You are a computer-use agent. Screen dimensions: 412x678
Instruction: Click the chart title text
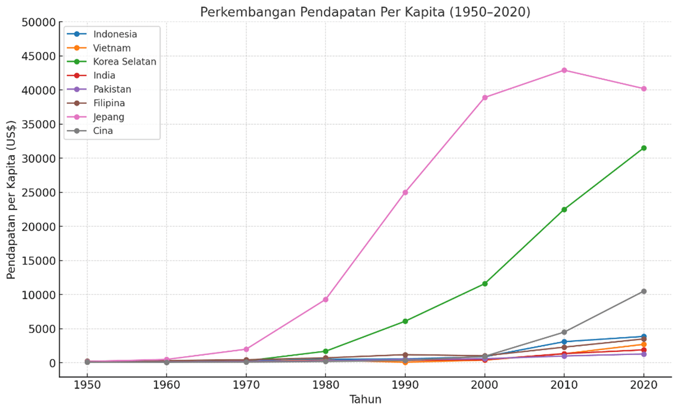click(x=365, y=12)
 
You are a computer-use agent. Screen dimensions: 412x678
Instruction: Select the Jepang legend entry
click(x=108, y=117)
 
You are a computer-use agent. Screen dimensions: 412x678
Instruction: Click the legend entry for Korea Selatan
click(x=124, y=62)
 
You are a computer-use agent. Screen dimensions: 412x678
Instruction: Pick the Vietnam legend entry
click(x=111, y=48)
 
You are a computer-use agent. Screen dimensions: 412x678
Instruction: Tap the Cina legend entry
click(x=103, y=131)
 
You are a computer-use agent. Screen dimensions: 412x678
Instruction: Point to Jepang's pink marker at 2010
click(x=564, y=70)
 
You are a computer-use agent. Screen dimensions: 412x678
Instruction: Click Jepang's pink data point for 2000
click(x=485, y=98)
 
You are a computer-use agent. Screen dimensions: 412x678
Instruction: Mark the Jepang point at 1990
click(x=405, y=192)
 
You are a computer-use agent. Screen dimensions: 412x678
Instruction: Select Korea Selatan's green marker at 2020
click(x=644, y=148)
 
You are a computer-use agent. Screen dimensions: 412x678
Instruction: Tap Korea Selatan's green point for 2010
click(x=564, y=210)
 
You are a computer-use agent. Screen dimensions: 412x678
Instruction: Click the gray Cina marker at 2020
click(x=644, y=291)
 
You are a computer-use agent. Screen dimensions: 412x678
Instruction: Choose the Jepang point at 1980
click(x=325, y=300)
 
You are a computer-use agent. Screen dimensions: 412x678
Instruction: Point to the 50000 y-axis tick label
click(x=39, y=22)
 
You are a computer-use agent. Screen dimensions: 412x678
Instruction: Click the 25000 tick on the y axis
click(x=39, y=193)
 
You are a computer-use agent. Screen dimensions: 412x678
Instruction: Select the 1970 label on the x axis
click(x=246, y=385)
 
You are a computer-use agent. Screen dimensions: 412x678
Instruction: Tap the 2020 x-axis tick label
click(x=644, y=385)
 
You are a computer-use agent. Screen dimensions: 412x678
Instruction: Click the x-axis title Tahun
click(x=365, y=399)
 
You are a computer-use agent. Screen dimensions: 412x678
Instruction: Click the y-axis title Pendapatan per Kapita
click(x=11, y=199)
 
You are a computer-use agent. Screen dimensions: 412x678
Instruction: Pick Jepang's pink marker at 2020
click(x=644, y=89)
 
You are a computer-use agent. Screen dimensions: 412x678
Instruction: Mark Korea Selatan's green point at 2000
click(x=485, y=284)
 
